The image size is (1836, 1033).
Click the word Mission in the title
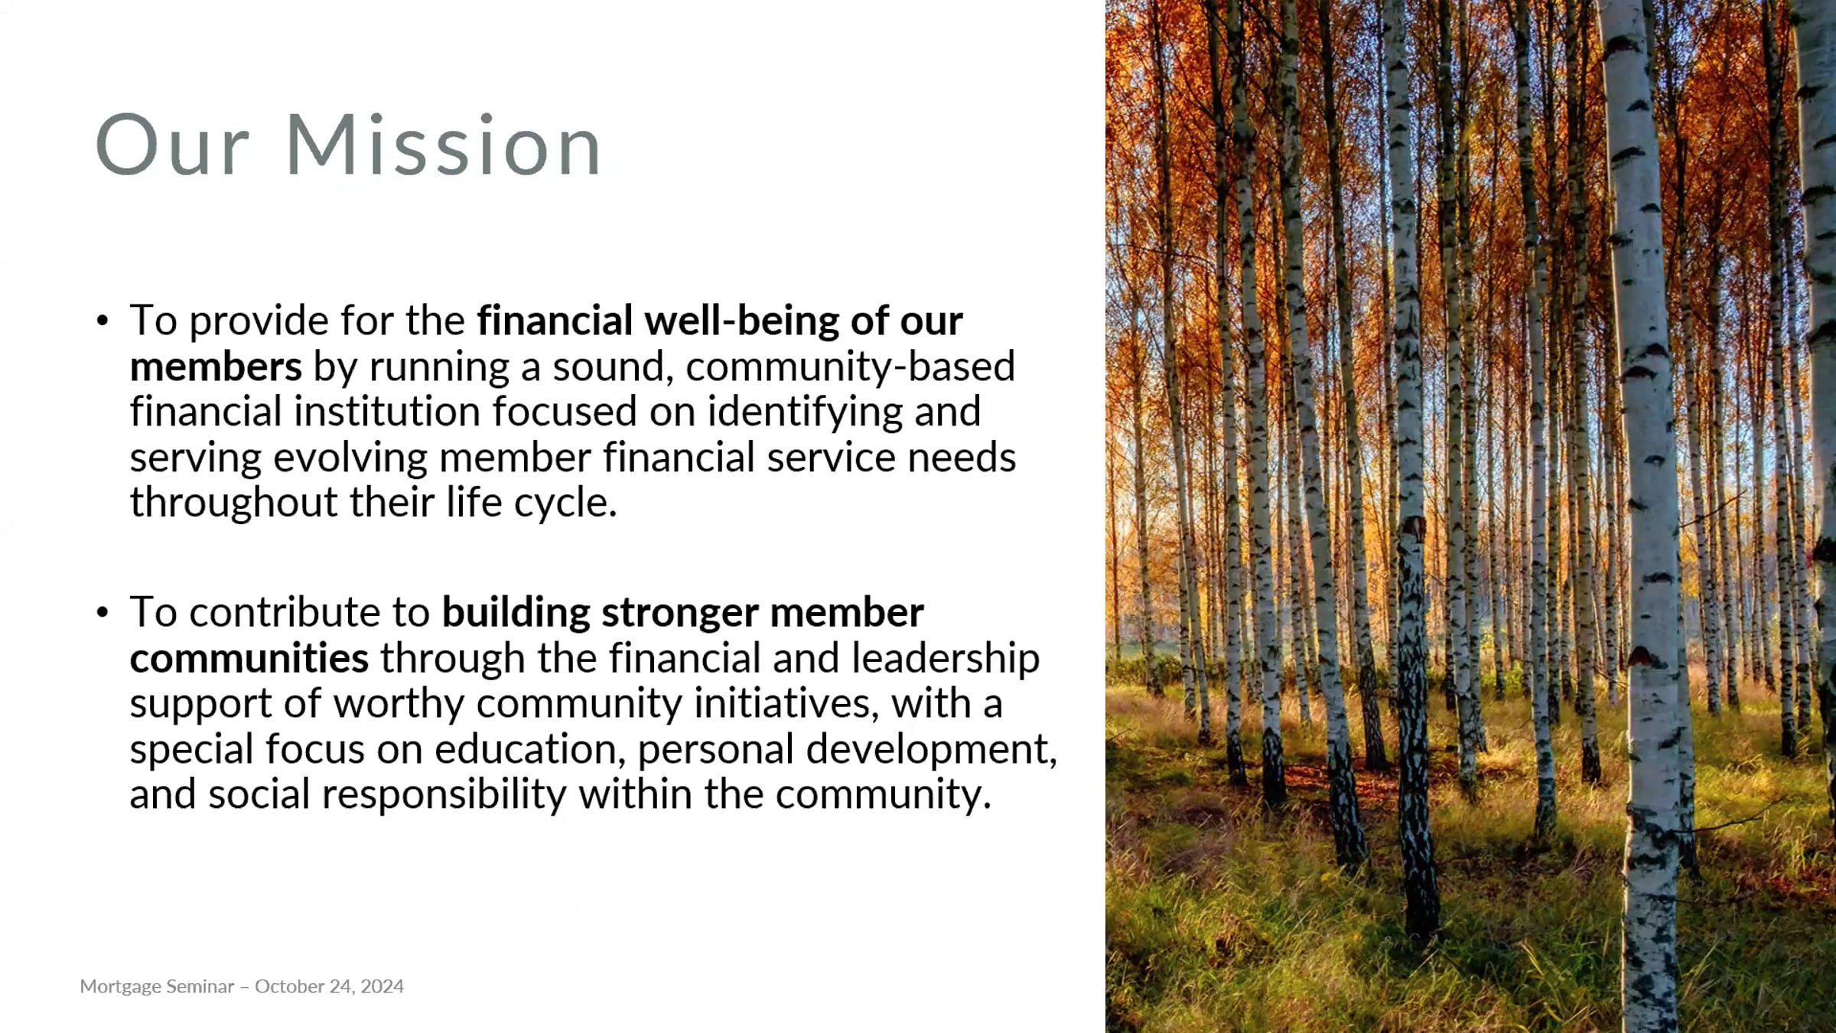(444, 145)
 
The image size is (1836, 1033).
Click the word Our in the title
(173, 145)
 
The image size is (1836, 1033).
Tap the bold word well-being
(741, 320)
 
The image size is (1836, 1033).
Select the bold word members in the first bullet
(216, 367)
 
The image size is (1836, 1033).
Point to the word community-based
(851, 367)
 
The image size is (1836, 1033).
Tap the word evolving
(350, 458)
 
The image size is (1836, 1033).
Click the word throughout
(234, 503)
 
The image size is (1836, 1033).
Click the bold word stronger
(680, 612)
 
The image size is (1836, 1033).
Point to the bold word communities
(249, 658)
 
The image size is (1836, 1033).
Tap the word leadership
(946, 658)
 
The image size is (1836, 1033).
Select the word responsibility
(444, 794)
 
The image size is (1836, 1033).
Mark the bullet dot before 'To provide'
(103, 321)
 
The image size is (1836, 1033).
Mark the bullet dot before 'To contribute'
(103, 613)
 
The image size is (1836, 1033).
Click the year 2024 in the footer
(382, 986)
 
